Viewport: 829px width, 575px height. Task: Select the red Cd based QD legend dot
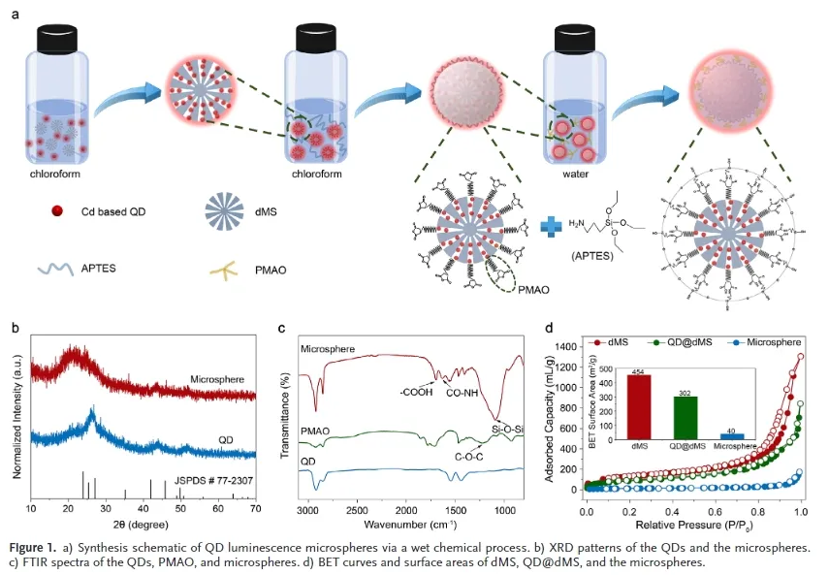(58, 210)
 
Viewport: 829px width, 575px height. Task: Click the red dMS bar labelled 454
(639, 406)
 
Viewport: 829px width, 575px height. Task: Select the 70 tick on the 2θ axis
(255, 507)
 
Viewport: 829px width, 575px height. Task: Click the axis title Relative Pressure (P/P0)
(693, 525)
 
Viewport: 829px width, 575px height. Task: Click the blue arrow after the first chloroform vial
(126, 95)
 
